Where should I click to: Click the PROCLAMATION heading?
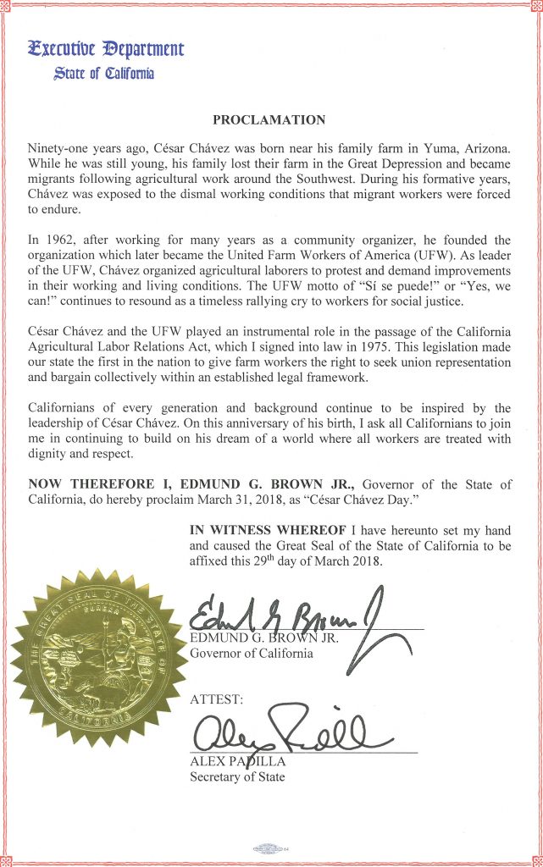[x=269, y=120]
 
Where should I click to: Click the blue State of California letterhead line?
[x=103, y=74]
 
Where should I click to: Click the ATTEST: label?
[x=217, y=699]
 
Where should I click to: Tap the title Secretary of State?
[x=237, y=776]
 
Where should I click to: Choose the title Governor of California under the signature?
[x=252, y=653]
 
